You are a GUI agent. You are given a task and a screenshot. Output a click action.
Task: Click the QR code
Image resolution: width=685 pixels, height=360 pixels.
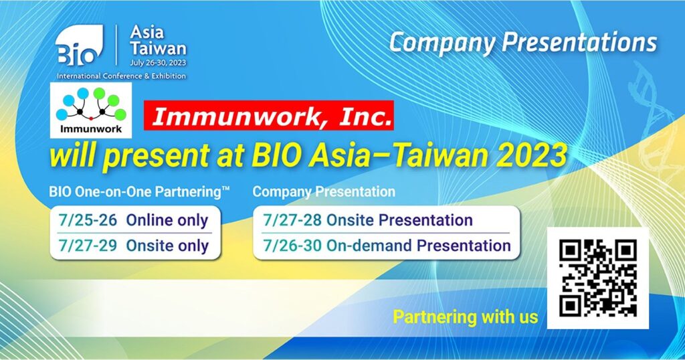pos(597,278)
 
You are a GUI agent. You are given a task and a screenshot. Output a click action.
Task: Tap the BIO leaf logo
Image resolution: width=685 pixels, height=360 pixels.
pos(80,46)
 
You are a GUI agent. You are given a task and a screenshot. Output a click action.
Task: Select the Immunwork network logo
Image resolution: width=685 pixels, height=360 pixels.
pos(91,110)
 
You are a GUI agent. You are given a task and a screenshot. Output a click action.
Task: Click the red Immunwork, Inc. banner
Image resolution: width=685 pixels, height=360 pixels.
pos(269,116)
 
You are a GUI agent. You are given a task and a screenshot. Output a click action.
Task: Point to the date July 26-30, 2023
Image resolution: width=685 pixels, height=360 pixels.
pos(158,63)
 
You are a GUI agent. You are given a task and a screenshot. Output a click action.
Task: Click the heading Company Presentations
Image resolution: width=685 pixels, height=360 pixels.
pos(523,43)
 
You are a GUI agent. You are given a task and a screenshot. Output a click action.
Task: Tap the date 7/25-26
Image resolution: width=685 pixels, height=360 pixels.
pos(88,220)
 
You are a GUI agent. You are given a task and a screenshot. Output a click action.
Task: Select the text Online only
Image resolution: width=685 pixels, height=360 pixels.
pos(167,221)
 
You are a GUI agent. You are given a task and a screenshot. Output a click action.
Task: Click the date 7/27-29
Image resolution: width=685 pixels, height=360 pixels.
pos(88,246)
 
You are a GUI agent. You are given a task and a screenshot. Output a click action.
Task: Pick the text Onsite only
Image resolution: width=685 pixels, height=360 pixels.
pos(167,246)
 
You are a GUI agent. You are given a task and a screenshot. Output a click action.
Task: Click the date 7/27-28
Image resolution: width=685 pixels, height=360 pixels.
pos(292,220)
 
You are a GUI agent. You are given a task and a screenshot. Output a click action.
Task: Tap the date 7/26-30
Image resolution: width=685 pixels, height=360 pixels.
pos(292,246)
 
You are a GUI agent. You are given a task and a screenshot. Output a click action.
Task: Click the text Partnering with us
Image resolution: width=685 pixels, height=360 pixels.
pos(466,317)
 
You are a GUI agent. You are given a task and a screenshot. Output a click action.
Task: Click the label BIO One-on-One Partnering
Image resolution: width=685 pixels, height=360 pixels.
pos(139,192)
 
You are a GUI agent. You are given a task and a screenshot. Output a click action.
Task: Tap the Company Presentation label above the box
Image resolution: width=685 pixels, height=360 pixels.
pos(324,192)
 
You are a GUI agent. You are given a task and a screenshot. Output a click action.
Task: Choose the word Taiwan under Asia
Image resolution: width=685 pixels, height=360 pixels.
pos(158,48)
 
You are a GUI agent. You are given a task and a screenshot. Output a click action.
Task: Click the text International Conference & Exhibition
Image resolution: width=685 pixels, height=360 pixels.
pos(121,76)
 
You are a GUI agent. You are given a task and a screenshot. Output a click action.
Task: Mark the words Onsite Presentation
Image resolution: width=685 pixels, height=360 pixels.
pos(399,220)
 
